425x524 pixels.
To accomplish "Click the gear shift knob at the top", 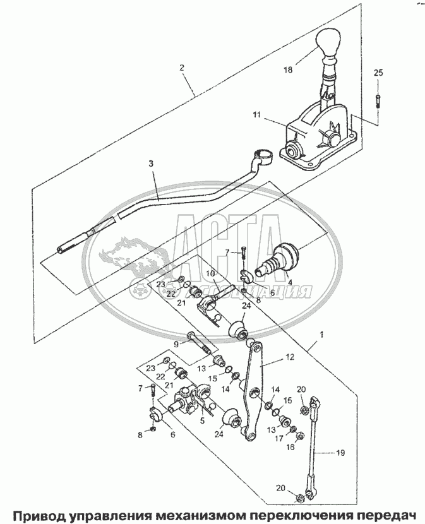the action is tap(328, 44).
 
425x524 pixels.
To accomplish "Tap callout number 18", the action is tap(288, 70).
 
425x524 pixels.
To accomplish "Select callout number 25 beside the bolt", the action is tap(378, 73).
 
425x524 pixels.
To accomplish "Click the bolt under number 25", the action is tap(378, 101).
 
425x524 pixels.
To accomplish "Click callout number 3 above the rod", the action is tap(151, 164).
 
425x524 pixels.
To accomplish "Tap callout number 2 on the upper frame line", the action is tap(182, 68).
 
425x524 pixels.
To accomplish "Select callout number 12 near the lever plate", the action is tap(290, 357).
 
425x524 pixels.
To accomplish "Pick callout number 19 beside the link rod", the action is tap(340, 453).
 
